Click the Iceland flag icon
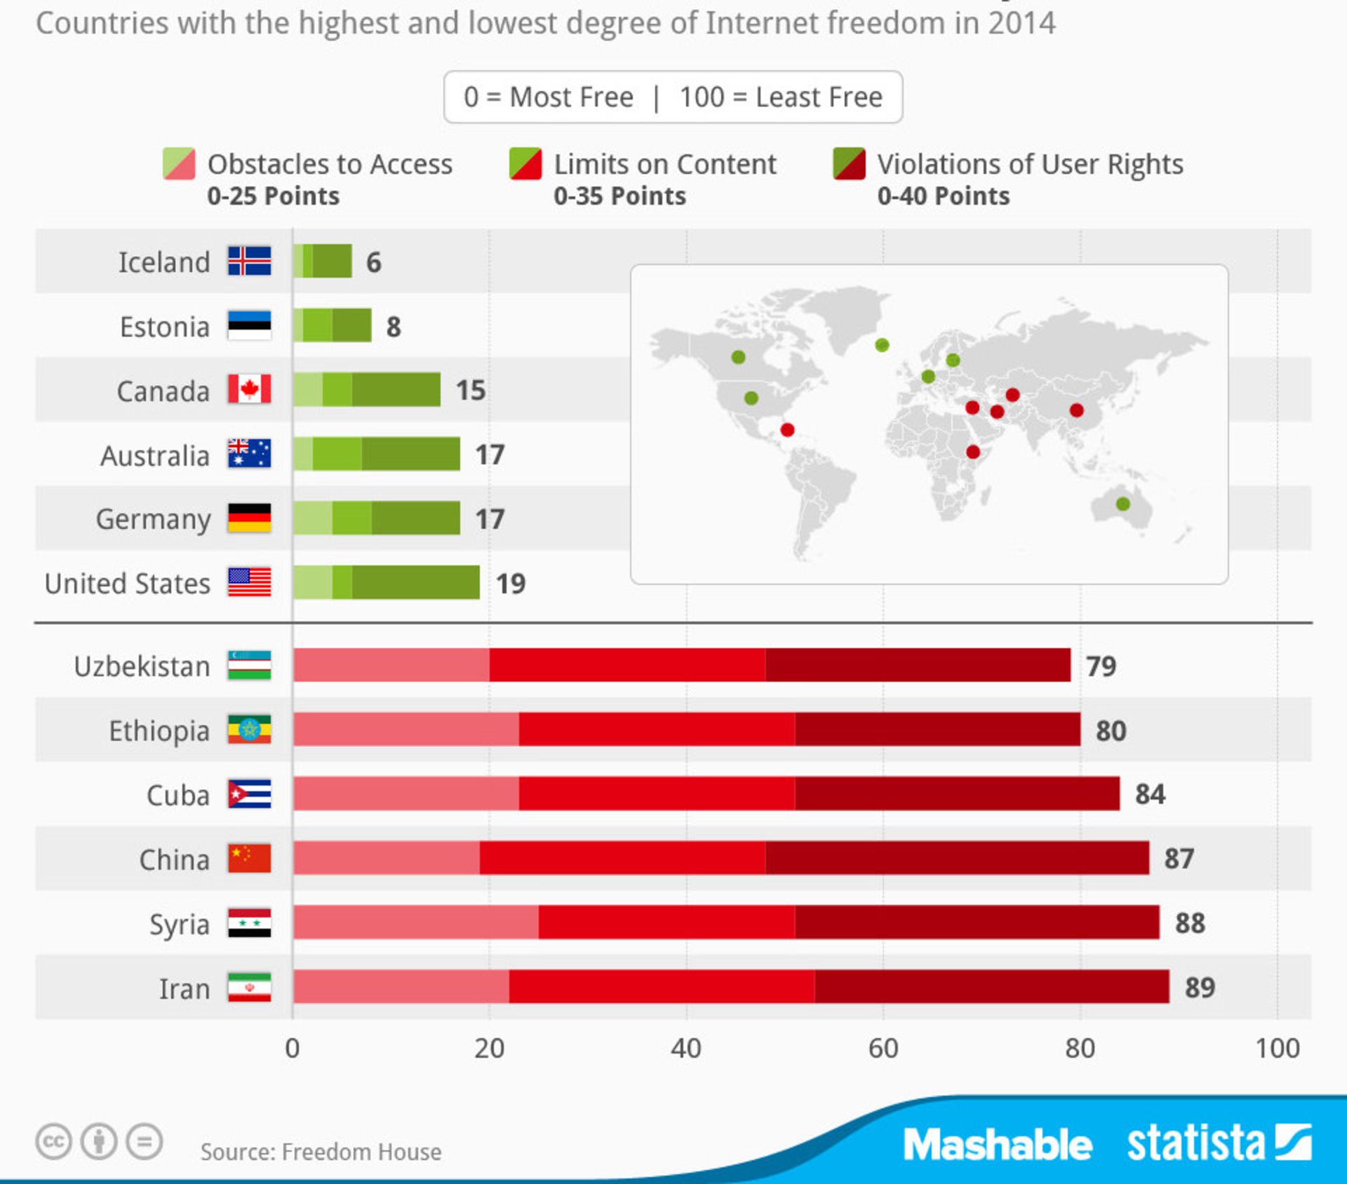[x=249, y=261]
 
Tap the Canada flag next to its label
[x=249, y=389]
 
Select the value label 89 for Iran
[x=1200, y=987]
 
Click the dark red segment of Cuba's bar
[x=957, y=793]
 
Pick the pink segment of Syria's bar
[x=415, y=922]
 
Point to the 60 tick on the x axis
[x=883, y=1048]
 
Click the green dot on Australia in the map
[x=1122, y=504]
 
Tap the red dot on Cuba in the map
[x=787, y=429]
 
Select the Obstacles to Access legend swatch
[x=179, y=163]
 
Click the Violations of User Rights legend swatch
[x=849, y=163]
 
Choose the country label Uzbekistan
[x=142, y=666]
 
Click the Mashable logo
[x=997, y=1144]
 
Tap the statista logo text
[x=1195, y=1143]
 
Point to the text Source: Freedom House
[x=321, y=1151]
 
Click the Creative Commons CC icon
[x=53, y=1141]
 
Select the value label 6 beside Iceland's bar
[x=373, y=262]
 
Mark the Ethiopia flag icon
[x=249, y=729]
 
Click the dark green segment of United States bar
[x=415, y=582]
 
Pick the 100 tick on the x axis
[x=1277, y=1048]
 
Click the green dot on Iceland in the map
[x=882, y=345]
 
